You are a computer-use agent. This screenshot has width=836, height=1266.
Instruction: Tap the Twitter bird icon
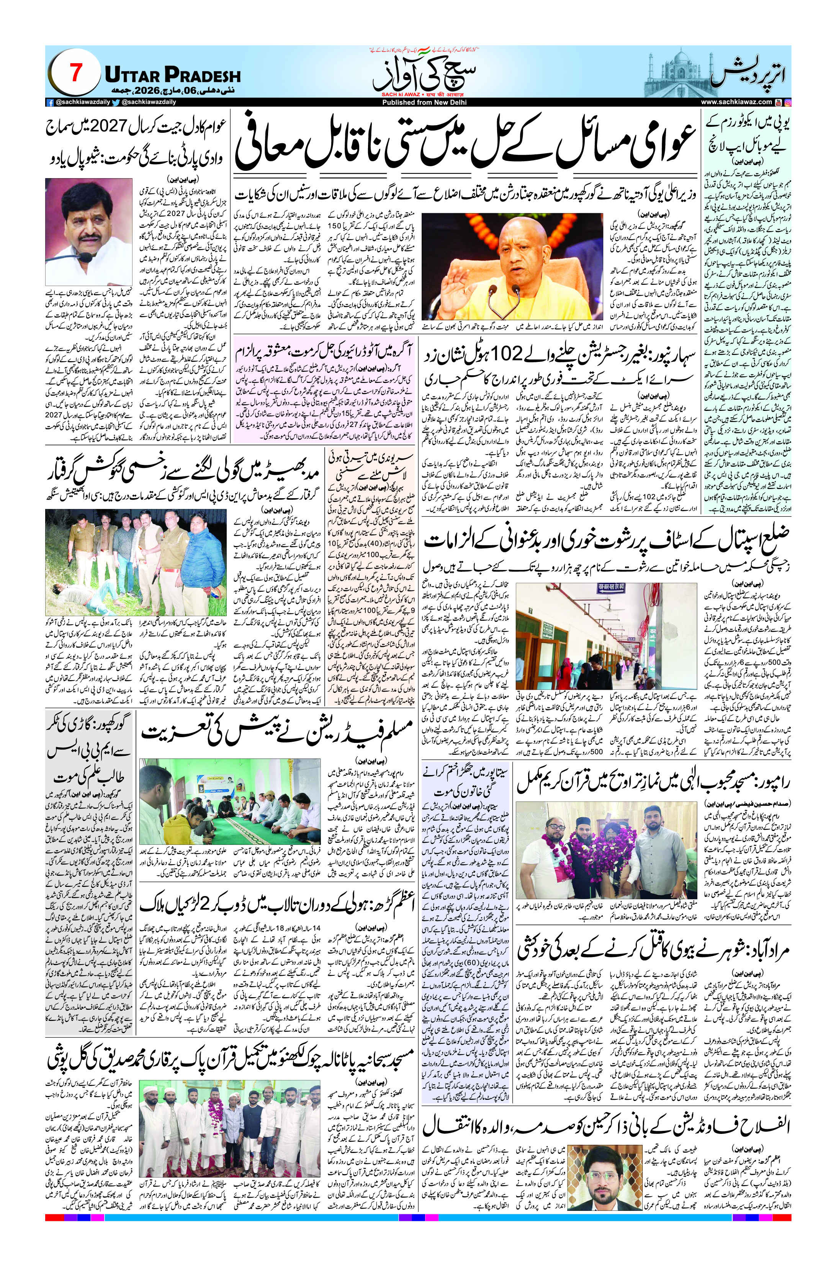116,102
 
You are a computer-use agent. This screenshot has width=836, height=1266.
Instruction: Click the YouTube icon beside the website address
779,102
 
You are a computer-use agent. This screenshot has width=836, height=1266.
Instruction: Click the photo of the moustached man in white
88,232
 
